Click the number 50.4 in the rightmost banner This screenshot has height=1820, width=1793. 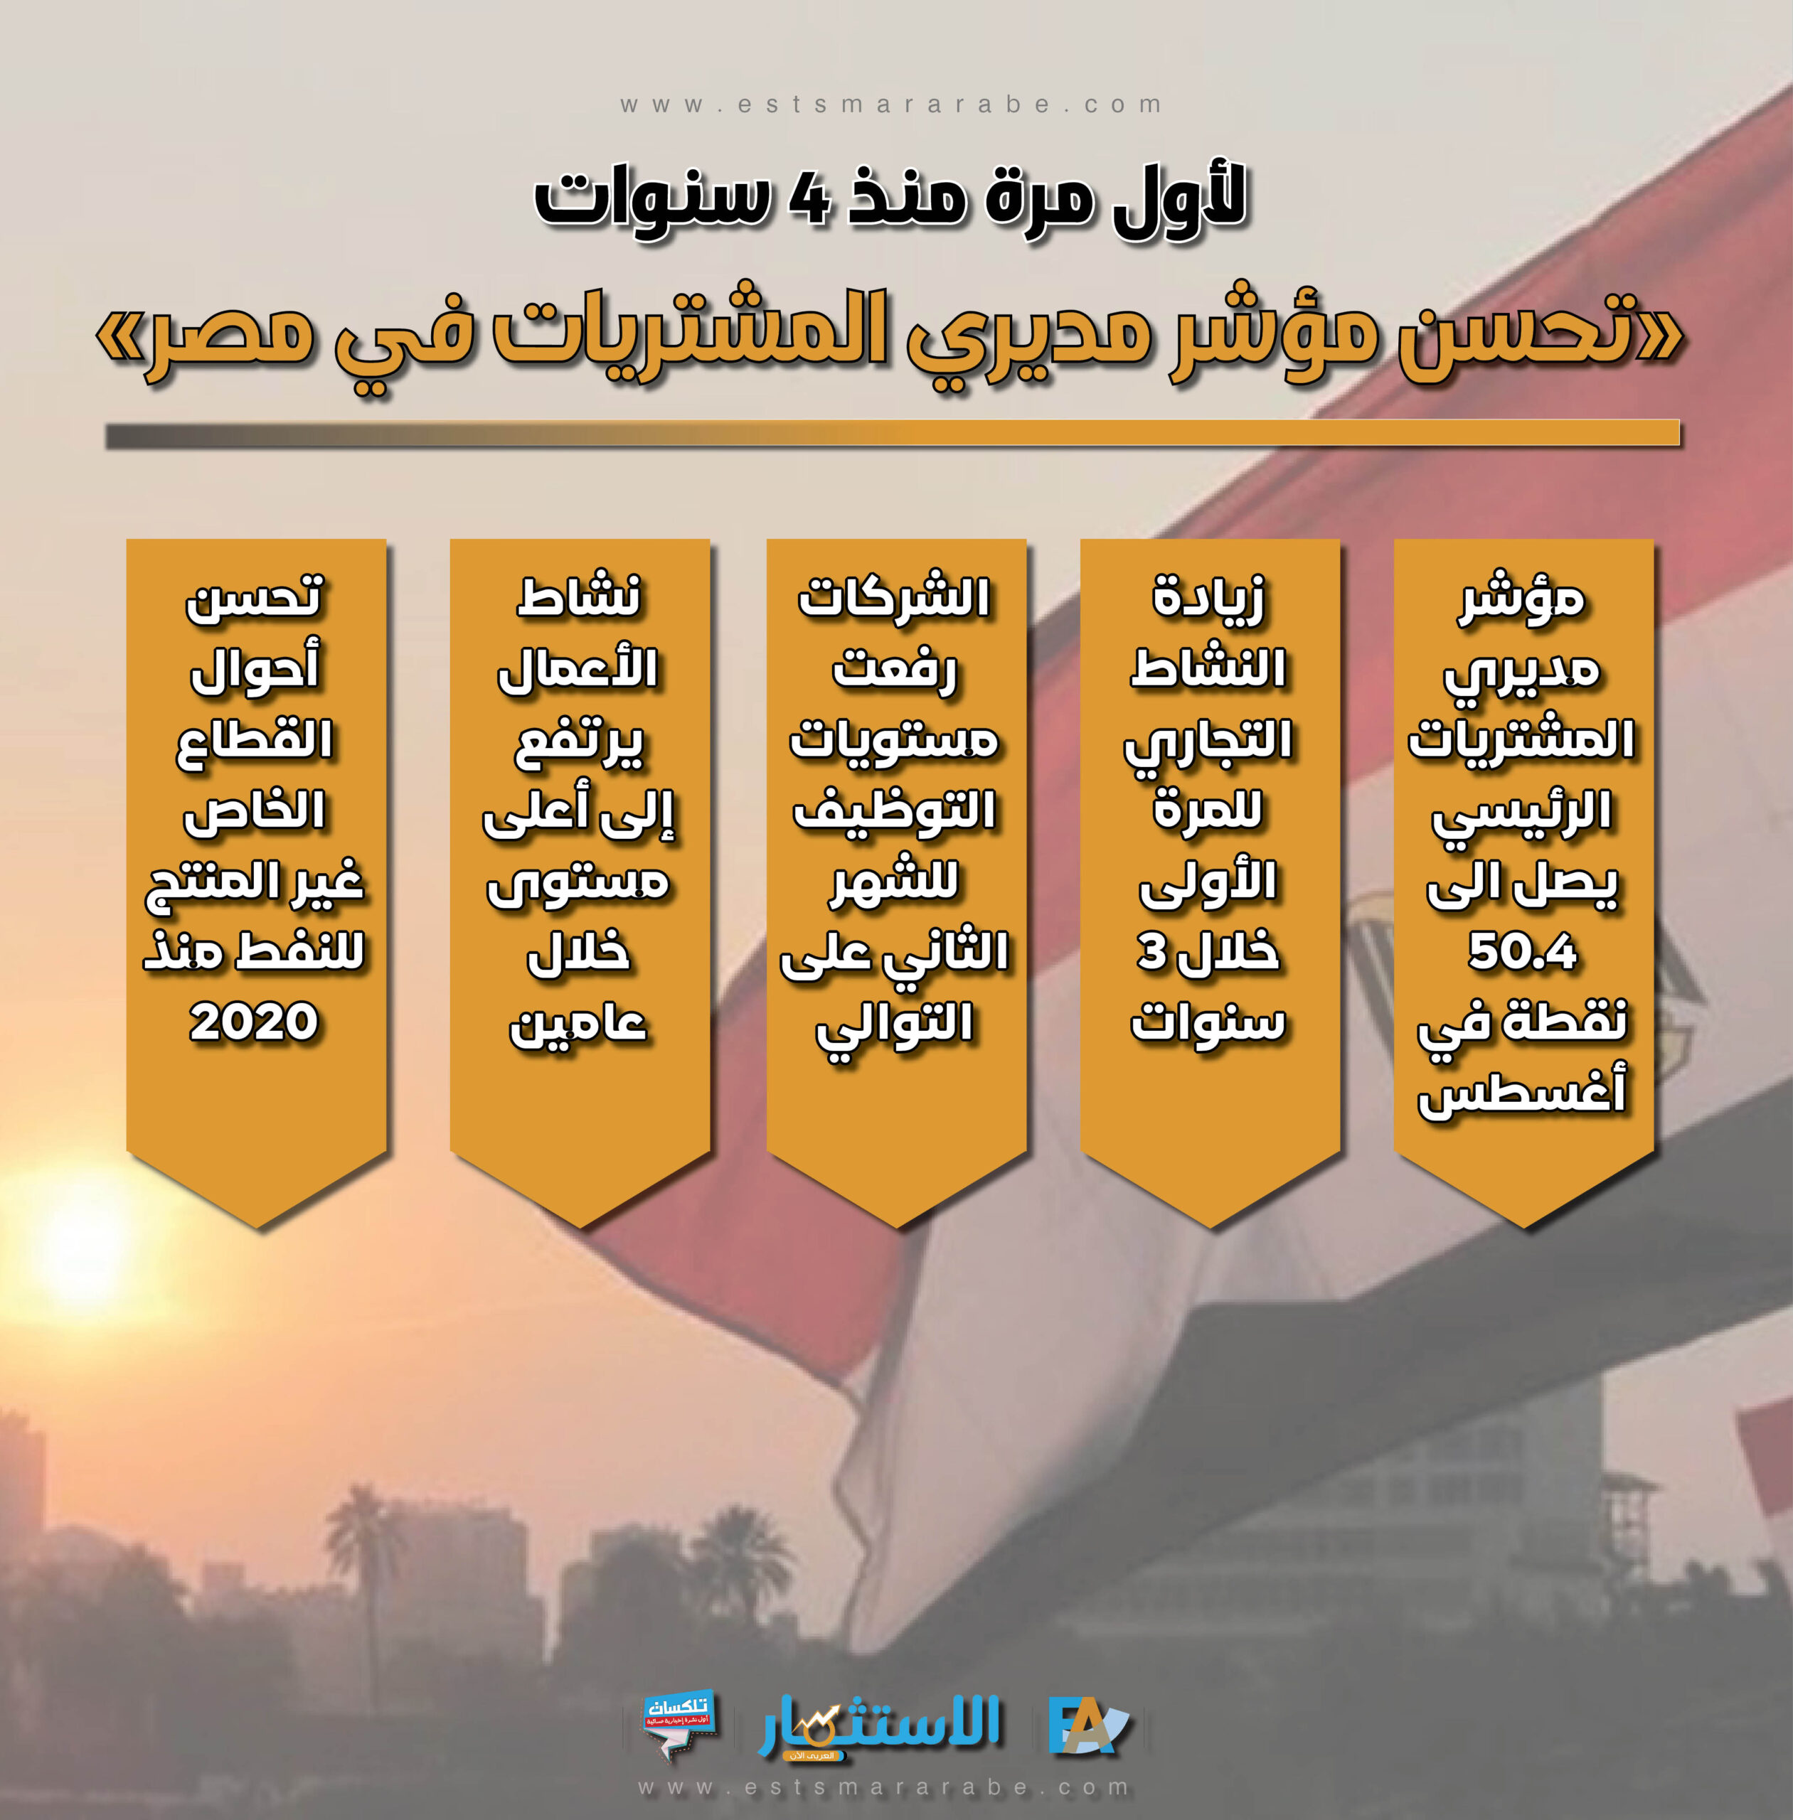(1522, 952)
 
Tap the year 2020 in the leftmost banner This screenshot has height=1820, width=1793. (254, 1022)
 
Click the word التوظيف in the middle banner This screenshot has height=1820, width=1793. (895, 812)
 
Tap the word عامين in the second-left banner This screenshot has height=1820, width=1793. (578, 1024)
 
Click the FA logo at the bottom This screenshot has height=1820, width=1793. (1087, 1727)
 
